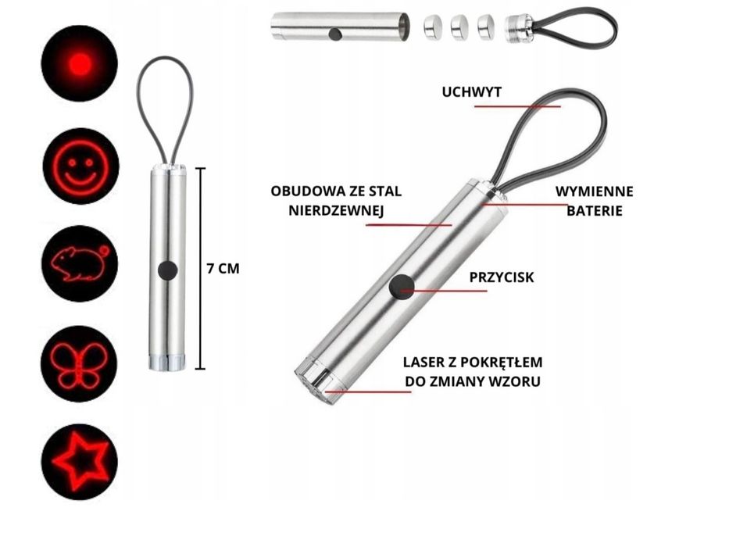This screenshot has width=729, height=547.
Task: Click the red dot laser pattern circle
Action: tap(80, 63)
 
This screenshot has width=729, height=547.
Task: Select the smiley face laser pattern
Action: tap(81, 166)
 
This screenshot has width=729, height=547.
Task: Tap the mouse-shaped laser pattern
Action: tap(80, 264)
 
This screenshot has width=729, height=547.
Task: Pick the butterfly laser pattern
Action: tap(80, 363)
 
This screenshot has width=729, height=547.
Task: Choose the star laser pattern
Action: tap(80, 462)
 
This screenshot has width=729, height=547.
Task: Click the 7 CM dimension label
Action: tap(223, 269)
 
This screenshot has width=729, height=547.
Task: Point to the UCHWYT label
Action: tap(471, 92)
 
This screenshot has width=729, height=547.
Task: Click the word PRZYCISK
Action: tap(502, 277)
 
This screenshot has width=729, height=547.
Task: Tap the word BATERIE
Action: tap(594, 211)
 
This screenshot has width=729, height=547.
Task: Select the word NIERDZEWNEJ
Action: tap(336, 211)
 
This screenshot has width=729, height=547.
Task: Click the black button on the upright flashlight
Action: tap(167, 270)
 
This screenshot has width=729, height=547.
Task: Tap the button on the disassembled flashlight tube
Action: tap(334, 34)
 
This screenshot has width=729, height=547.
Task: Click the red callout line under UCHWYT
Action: tap(517, 106)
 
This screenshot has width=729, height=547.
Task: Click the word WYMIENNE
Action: tap(594, 191)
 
